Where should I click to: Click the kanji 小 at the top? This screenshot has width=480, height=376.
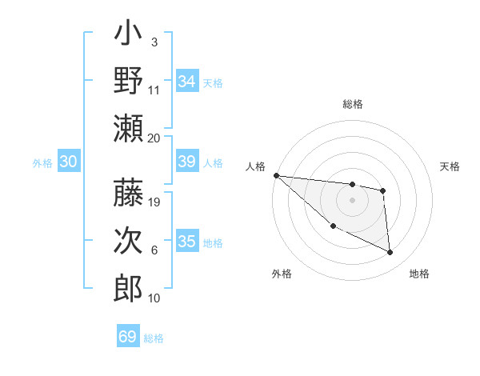[x=128, y=35]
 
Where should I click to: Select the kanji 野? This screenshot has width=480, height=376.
[x=128, y=82]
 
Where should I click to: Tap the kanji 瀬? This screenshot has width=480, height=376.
[x=128, y=128]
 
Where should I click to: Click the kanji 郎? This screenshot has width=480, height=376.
[x=128, y=288]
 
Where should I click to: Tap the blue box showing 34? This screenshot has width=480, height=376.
[x=187, y=82]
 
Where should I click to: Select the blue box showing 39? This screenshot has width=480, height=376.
[x=187, y=162]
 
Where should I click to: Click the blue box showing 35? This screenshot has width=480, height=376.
[x=187, y=242]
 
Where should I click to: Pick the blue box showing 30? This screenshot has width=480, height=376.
[x=69, y=162]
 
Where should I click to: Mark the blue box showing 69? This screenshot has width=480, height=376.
[x=128, y=337]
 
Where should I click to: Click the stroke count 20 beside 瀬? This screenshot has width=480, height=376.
[x=154, y=138]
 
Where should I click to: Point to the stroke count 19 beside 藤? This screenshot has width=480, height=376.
[x=154, y=202]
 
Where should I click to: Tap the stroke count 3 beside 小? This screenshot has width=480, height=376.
[x=154, y=42]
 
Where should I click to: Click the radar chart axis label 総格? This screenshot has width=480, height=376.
[x=352, y=104]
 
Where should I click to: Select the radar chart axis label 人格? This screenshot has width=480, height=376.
[x=256, y=166]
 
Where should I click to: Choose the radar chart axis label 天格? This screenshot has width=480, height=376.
[x=450, y=166]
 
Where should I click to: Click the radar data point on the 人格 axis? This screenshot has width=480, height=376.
[x=276, y=175]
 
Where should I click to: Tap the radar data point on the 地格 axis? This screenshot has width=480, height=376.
[x=390, y=253]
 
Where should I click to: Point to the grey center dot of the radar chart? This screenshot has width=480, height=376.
[x=352, y=200]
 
